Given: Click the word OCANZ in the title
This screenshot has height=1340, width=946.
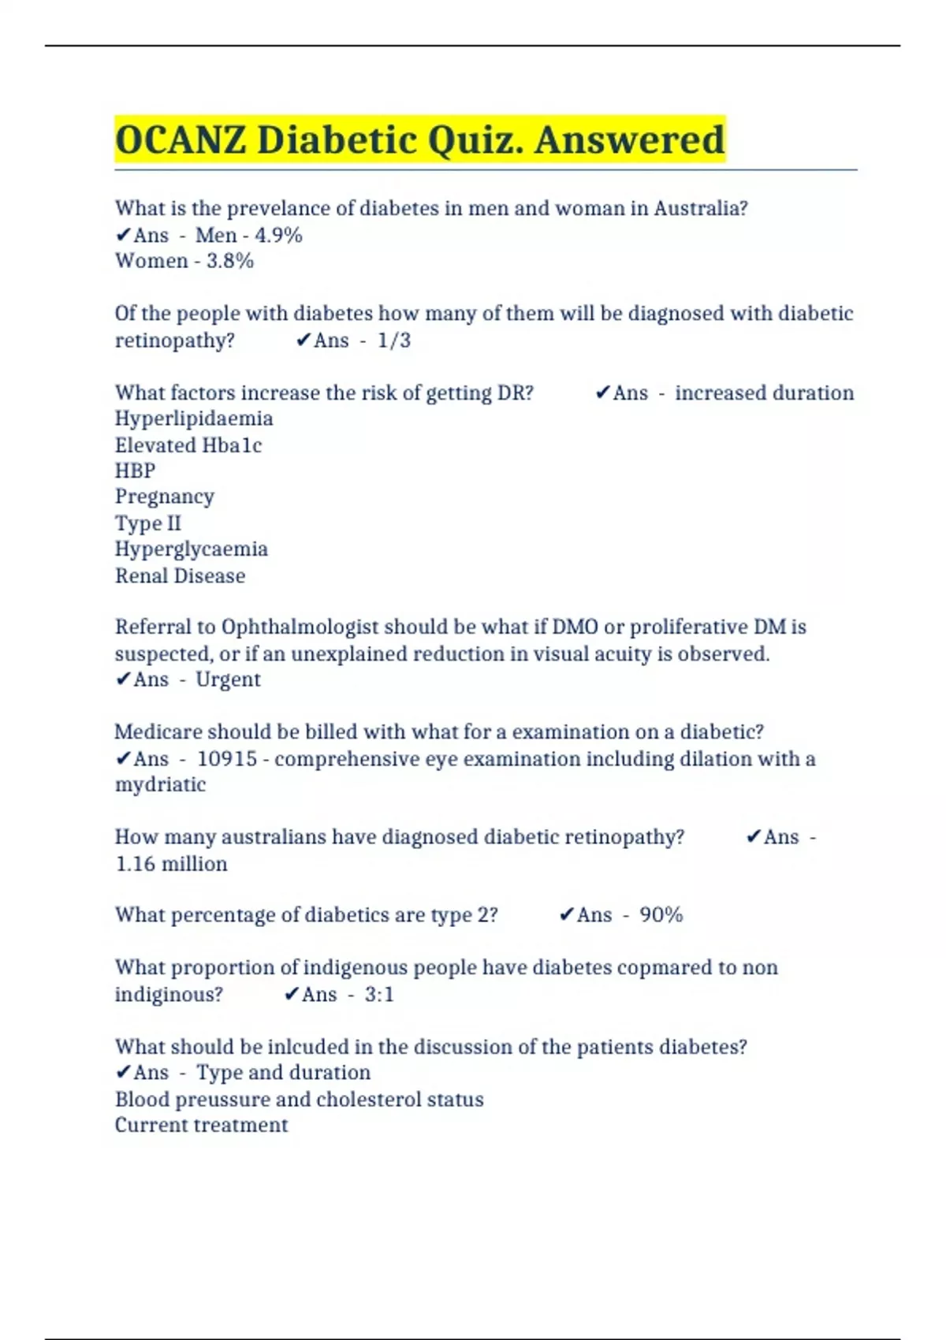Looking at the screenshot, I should coord(181,140).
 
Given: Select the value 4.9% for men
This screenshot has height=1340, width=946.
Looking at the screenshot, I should coord(278,235).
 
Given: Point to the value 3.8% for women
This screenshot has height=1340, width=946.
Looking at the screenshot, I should coord(229,261).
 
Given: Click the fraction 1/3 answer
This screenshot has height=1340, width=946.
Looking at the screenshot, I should coord(394,341).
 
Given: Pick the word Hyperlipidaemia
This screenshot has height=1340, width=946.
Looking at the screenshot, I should coord(194,419).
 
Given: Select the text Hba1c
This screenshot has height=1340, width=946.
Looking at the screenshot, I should coord(232,445).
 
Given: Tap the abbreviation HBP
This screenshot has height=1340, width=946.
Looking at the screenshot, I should coord(135,471).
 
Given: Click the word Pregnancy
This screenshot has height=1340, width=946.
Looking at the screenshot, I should coord(164,497).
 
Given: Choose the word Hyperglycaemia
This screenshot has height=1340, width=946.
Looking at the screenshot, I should coord(191,549).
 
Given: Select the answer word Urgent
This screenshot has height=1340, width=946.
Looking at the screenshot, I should coord(228,679).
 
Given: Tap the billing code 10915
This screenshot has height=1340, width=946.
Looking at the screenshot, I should coord(227,759).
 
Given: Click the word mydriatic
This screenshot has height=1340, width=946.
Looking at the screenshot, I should coord(160,785).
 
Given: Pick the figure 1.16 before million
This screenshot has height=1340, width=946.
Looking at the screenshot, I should coord(135,864).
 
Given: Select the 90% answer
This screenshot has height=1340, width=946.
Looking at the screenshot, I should coord(661,915).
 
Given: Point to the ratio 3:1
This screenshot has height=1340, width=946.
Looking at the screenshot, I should coord(379,995).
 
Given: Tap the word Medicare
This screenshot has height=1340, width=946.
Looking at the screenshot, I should coord(158,732).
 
